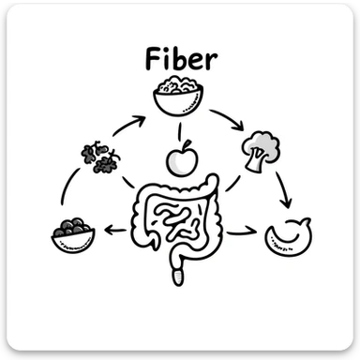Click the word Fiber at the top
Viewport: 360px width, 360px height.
tap(182, 60)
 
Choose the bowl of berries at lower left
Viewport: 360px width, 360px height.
tap(73, 233)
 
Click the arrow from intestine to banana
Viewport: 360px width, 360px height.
tap(241, 231)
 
